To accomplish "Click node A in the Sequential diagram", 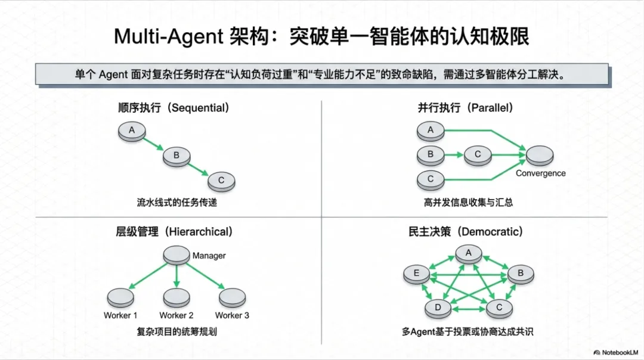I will tap(132, 131).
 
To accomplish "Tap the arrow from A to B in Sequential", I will tap(154, 145).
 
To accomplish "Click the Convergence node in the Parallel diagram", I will tap(540, 156).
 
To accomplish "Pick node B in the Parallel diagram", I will tap(431, 154).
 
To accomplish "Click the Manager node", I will tap(177, 256).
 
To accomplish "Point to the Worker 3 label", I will tap(232, 315).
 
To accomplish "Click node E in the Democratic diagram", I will tap(416, 274).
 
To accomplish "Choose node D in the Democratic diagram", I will tap(438, 308).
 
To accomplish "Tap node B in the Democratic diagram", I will tap(520, 274).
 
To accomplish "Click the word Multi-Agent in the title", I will tap(167, 37).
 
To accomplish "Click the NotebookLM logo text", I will tap(620, 352).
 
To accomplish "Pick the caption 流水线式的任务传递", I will tap(177, 203).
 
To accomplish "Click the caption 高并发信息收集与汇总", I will tap(468, 203).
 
